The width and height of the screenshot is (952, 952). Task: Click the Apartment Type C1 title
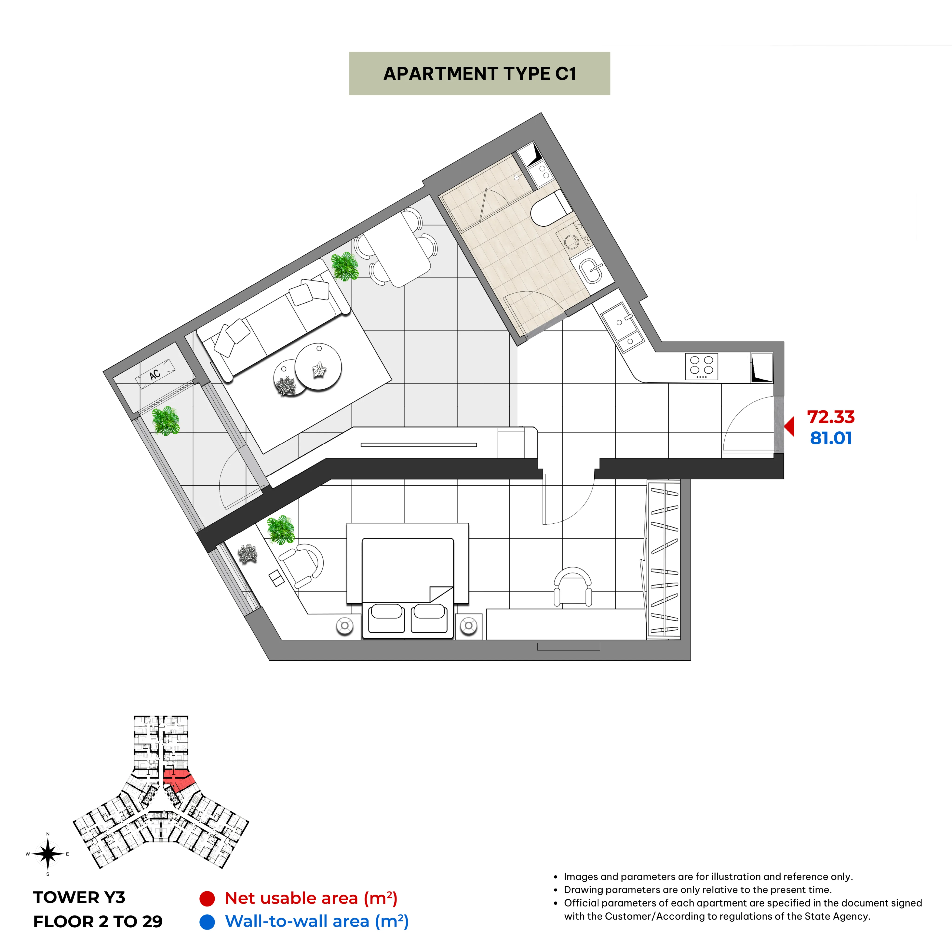click(479, 73)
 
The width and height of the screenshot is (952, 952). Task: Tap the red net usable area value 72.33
click(831, 417)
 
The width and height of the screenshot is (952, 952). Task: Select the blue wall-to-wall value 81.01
click(831, 438)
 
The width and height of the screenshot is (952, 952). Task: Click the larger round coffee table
click(318, 367)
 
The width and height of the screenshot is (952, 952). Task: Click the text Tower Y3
click(79, 897)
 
